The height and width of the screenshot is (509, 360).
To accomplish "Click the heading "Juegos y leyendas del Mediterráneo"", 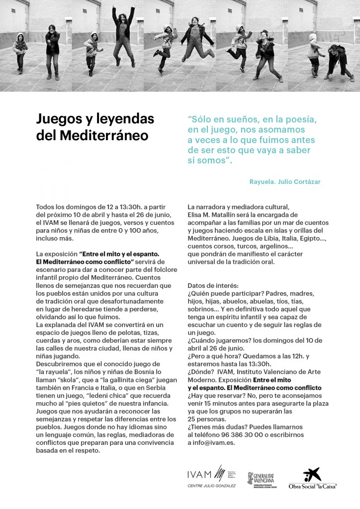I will click(95, 127).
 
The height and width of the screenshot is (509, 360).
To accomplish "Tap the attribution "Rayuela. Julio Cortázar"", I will click(285, 182).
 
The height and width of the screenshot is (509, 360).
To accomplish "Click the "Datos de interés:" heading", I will click(213, 286).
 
